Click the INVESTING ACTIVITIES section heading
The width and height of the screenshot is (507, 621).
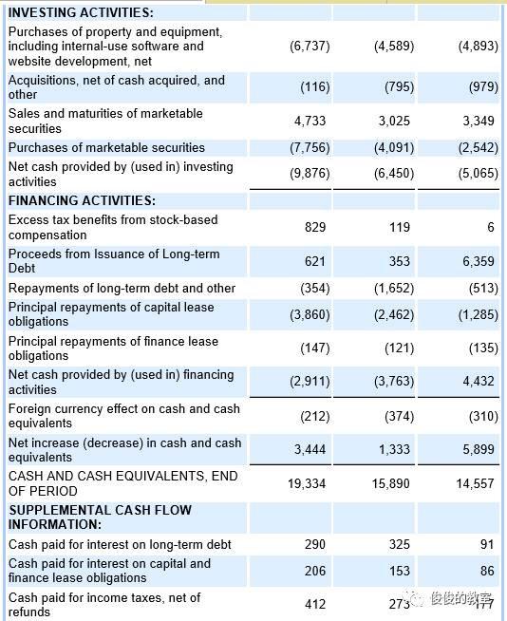coord(81,12)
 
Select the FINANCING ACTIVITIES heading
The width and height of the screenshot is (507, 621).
coord(82,200)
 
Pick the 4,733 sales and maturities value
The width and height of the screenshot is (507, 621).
coord(310,121)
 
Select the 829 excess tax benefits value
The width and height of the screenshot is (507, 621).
coord(315,227)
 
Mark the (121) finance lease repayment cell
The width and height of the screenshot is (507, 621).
coord(400,348)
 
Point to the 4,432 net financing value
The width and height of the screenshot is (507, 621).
coord(476,382)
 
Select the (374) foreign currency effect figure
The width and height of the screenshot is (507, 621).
coord(400,416)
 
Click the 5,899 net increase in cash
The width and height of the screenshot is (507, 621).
coord(476,449)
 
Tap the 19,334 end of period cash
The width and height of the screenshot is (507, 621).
coord(307,483)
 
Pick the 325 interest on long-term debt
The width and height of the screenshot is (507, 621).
coord(400,544)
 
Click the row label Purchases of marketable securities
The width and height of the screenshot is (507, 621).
coord(106,147)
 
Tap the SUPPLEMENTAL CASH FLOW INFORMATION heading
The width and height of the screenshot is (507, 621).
coord(100,517)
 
